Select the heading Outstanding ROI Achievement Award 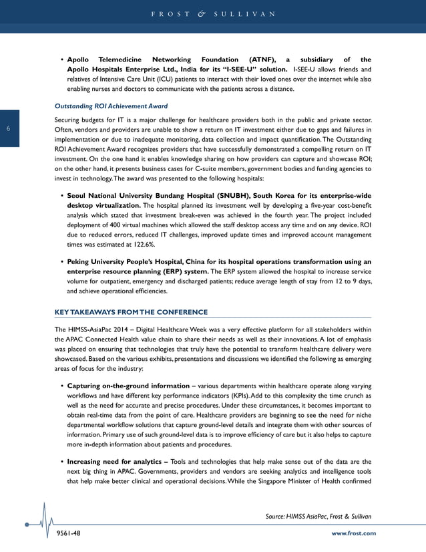[110, 106]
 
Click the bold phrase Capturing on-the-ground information [128, 386]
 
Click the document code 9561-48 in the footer [67, 533]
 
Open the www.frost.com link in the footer [353, 533]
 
